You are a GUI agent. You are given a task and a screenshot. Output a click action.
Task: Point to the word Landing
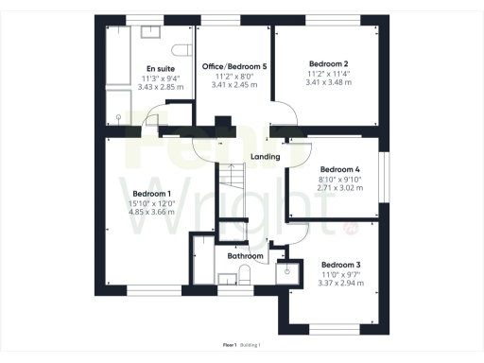click(265, 157)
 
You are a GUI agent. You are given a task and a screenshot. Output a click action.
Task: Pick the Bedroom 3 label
click(340, 265)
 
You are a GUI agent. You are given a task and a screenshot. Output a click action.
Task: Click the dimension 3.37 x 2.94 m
click(340, 284)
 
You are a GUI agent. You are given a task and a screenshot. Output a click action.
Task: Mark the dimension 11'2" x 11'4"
click(328, 73)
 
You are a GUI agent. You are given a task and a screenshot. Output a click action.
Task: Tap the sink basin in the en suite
click(151, 31)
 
